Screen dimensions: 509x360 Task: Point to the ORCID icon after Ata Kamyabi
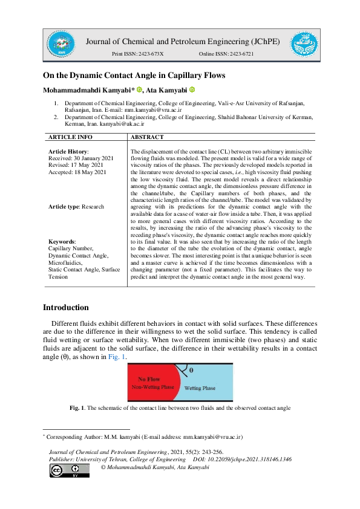192,89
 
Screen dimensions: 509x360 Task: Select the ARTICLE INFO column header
70,138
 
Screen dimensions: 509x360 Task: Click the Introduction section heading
65,308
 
